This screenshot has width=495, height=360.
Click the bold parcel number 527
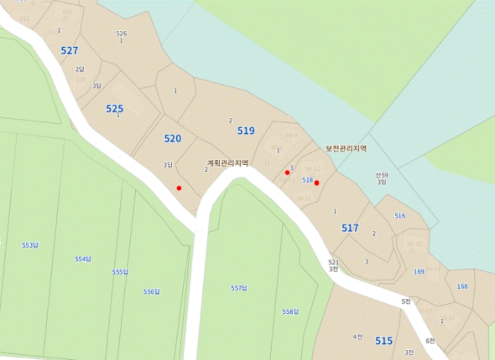[x=69, y=50]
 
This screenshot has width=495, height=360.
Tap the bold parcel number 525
[x=115, y=109]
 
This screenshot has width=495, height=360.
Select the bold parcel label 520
[x=173, y=139]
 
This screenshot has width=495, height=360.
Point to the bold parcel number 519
[x=245, y=131]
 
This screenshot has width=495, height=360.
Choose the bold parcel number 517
[x=349, y=228]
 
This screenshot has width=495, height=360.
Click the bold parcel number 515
[x=383, y=341]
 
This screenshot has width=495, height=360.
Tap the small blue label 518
[x=307, y=180]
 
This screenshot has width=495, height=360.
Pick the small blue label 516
[x=400, y=216]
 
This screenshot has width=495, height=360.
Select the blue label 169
[x=419, y=272]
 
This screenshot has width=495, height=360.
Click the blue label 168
[x=462, y=286]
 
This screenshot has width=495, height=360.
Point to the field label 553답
[x=30, y=245]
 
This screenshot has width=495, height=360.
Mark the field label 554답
[x=83, y=259]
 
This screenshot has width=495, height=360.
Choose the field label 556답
[x=151, y=291]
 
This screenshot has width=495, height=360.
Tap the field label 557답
[x=239, y=288]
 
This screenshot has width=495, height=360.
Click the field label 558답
[x=291, y=312]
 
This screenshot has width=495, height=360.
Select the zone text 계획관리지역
[x=228, y=163]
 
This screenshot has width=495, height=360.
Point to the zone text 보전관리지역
[x=346, y=149]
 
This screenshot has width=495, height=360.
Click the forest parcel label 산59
[x=382, y=174]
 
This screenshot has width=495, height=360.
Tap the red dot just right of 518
[x=317, y=183]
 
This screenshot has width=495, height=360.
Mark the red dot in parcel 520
[x=180, y=188]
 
